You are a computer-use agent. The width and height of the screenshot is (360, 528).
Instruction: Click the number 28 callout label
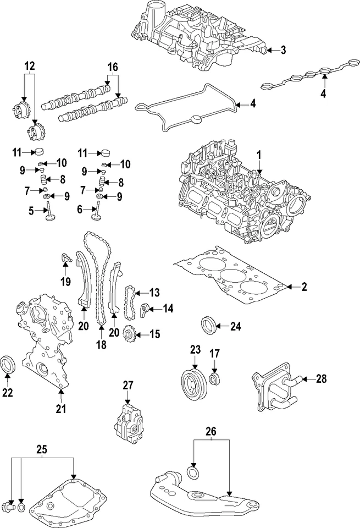coord(322,378)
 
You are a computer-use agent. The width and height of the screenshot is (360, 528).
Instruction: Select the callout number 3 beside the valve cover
coord(283,51)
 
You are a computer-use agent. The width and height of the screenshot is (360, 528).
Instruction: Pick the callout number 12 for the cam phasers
coord(30,66)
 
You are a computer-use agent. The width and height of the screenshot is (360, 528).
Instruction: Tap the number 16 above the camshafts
coord(112,67)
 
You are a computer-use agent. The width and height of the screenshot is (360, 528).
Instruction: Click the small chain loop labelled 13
coord(130,302)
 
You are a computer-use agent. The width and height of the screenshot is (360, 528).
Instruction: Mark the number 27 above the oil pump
coord(128,386)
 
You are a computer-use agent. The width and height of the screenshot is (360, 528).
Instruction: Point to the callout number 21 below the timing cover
coord(60,408)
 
